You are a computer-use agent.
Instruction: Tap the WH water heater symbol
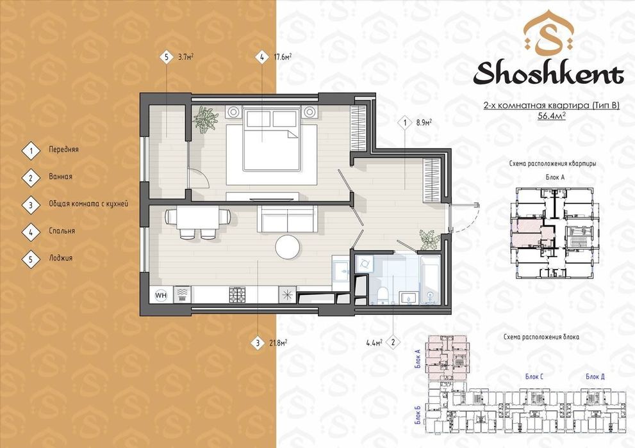click(x=161, y=295)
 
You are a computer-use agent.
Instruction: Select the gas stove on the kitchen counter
click(x=237, y=295)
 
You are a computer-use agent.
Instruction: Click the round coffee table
click(x=288, y=246)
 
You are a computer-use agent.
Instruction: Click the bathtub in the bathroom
click(x=430, y=279)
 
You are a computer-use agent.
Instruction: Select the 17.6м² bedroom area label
click(x=283, y=56)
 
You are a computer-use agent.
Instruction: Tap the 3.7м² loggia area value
click(x=185, y=56)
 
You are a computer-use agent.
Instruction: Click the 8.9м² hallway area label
click(x=424, y=122)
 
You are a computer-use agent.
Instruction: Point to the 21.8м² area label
click(x=278, y=343)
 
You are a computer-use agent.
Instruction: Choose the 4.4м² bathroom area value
click(x=374, y=343)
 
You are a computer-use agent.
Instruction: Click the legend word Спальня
click(x=62, y=231)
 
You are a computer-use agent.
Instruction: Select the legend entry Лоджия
click(x=61, y=258)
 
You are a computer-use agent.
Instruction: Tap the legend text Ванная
click(x=60, y=176)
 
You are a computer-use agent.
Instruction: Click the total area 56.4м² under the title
click(x=552, y=116)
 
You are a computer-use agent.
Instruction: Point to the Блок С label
click(x=534, y=376)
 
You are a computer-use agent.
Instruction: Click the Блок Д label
click(x=595, y=376)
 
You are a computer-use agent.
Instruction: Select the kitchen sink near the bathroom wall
click(x=340, y=269)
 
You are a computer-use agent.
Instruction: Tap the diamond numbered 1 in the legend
click(x=31, y=151)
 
